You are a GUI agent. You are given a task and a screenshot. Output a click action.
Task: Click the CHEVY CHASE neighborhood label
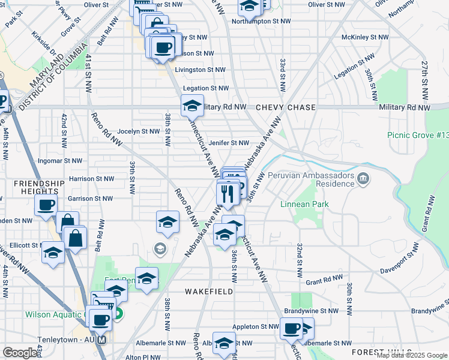click(285, 107)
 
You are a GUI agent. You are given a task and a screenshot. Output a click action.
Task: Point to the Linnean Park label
click(304, 205)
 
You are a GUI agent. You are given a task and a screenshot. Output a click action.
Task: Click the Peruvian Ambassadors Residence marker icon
click(363, 178)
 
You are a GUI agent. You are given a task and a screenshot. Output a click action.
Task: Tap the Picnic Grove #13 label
click(418, 136)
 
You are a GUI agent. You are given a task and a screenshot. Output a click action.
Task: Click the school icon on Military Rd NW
click(192, 106)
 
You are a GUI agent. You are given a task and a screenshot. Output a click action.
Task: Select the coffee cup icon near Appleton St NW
click(291, 329)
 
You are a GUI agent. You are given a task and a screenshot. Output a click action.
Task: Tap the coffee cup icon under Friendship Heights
click(46, 206)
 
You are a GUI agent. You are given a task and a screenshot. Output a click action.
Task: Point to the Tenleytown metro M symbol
click(101, 340)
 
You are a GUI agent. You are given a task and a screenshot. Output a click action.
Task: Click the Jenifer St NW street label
click(229, 143)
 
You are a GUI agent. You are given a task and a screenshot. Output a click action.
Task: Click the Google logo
click(20, 353)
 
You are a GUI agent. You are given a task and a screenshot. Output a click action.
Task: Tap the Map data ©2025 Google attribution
click(412, 355)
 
